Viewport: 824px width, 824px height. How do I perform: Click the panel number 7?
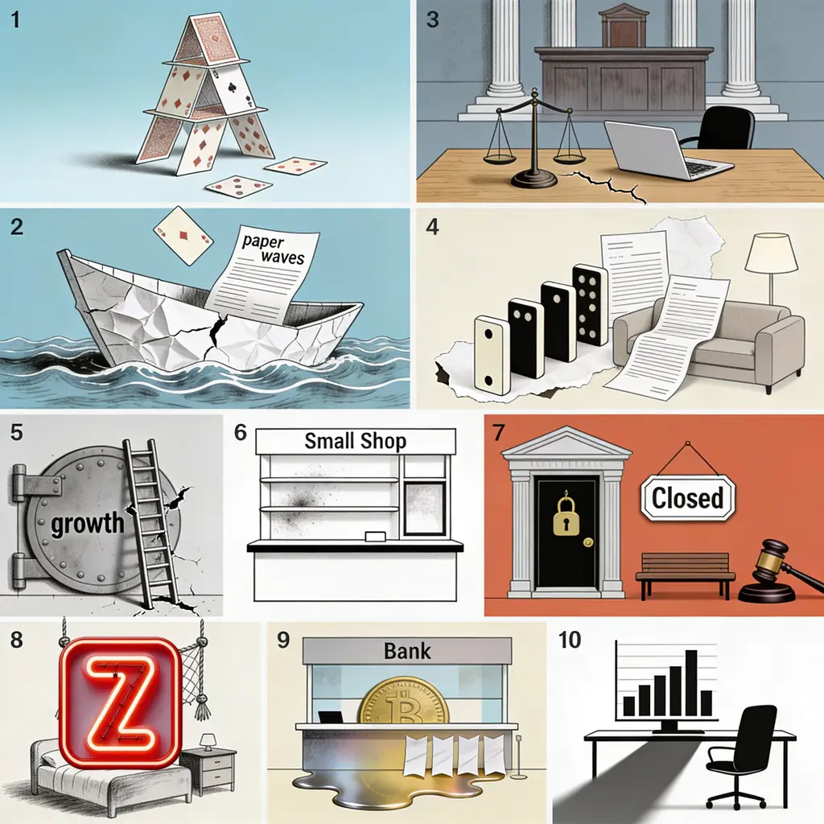[498, 432]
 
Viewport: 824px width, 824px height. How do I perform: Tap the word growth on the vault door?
[87, 523]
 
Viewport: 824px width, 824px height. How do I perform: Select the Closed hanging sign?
[687, 497]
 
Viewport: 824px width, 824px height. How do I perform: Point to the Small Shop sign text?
[355, 441]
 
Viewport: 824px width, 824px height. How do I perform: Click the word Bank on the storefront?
[407, 651]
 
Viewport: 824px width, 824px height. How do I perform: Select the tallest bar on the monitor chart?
[691, 683]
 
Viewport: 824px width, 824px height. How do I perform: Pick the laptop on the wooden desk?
[667, 151]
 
